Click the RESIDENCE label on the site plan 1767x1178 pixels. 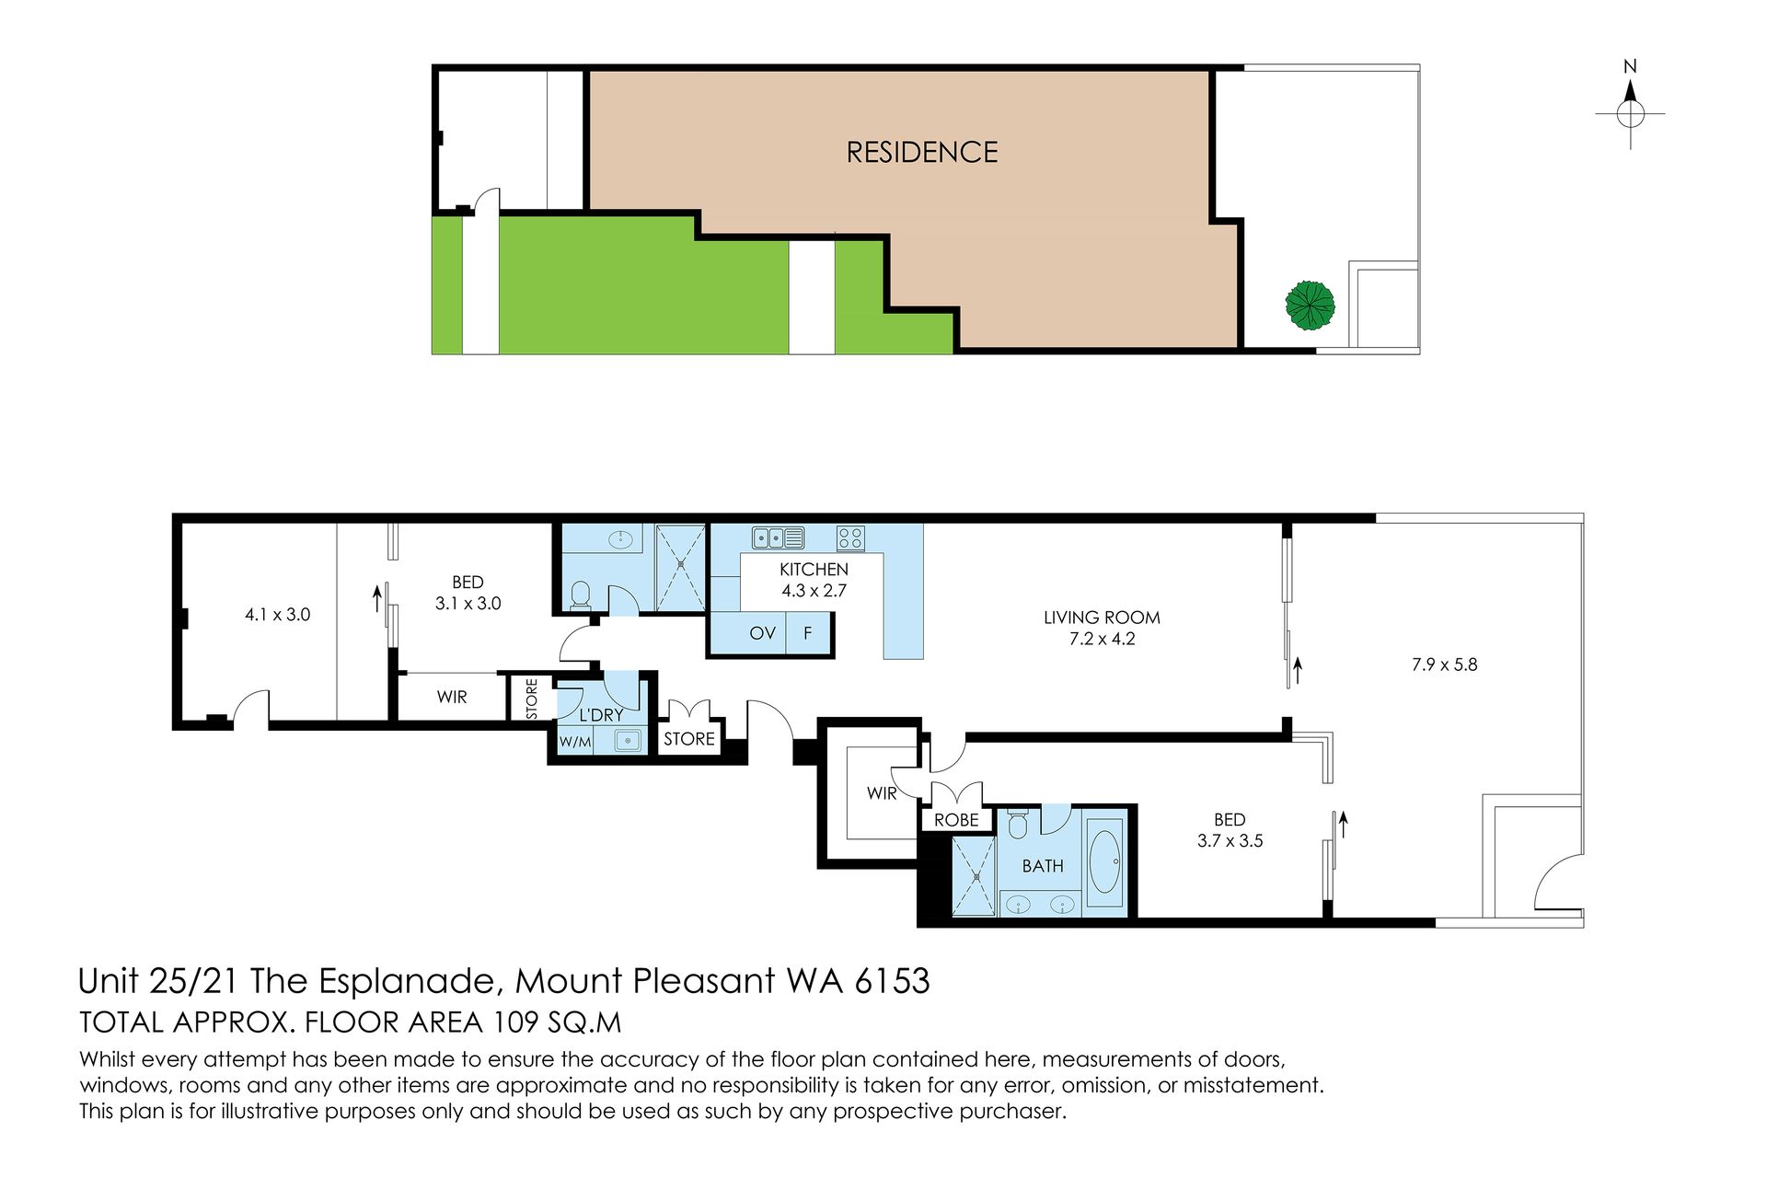(x=922, y=153)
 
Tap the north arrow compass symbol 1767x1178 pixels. (x=1630, y=105)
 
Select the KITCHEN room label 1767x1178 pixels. (x=814, y=570)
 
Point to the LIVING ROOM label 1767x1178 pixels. (x=1102, y=618)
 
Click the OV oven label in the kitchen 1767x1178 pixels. (x=762, y=633)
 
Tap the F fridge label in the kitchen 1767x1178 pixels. (x=808, y=633)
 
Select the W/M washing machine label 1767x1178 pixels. (x=575, y=741)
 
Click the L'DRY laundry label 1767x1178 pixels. (x=601, y=715)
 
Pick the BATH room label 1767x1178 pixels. (x=1043, y=866)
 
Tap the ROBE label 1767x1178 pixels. (x=956, y=820)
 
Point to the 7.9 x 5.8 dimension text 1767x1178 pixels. (x=1445, y=664)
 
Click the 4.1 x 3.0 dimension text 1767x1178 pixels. (x=277, y=615)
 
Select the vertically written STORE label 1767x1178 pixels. (x=532, y=699)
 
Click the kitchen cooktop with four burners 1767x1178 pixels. (x=849, y=537)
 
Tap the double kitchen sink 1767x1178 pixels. (x=779, y=537)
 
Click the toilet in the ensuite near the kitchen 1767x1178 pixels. (x=581, y=596)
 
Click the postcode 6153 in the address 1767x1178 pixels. (x=892, y=981)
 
